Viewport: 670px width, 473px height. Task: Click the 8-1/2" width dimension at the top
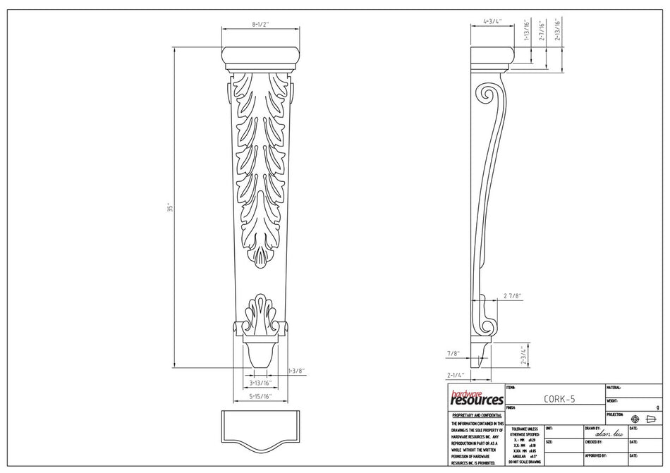coord(261,24)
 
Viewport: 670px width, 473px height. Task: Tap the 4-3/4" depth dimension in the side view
coord(492,22)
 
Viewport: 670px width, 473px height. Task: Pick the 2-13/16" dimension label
coord(557,31)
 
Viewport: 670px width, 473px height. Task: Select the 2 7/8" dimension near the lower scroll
coord(512,295)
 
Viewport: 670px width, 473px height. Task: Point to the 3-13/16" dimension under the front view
coord(260,383)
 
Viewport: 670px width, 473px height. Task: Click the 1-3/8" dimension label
coord(296,370)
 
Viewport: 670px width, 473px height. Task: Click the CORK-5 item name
coord(559,398)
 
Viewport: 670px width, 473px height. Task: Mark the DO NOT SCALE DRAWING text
coord(525,461)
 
